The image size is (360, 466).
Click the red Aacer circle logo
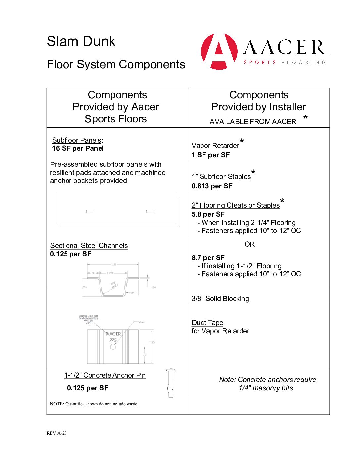point(219,51)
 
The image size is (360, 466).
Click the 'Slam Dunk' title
point(81,42)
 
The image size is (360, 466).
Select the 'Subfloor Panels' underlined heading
point(76,140)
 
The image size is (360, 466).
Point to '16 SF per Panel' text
point(78,148)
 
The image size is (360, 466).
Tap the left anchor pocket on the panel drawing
point(90,212)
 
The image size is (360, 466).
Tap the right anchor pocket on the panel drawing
point(150,212)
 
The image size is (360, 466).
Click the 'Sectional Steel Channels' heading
point(89,246)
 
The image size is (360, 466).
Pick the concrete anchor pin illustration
point(171,383)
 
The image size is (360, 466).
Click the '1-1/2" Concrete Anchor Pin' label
point(105,375)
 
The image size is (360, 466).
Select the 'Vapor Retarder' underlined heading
point(215,146)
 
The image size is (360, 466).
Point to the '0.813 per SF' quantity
point(212,186)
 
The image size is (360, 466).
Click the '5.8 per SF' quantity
point(208,214)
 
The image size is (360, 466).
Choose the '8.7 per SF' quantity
point(208,258)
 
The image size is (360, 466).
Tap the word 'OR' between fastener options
point(249,244)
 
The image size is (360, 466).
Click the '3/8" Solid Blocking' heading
point(220,299)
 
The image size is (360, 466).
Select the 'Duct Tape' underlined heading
point(207,323)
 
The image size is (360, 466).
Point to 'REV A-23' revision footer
point(56,433)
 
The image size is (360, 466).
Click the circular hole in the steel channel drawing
point(113,347)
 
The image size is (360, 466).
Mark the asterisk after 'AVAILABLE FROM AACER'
point(305,118)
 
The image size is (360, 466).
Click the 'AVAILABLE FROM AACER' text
point(253,122)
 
